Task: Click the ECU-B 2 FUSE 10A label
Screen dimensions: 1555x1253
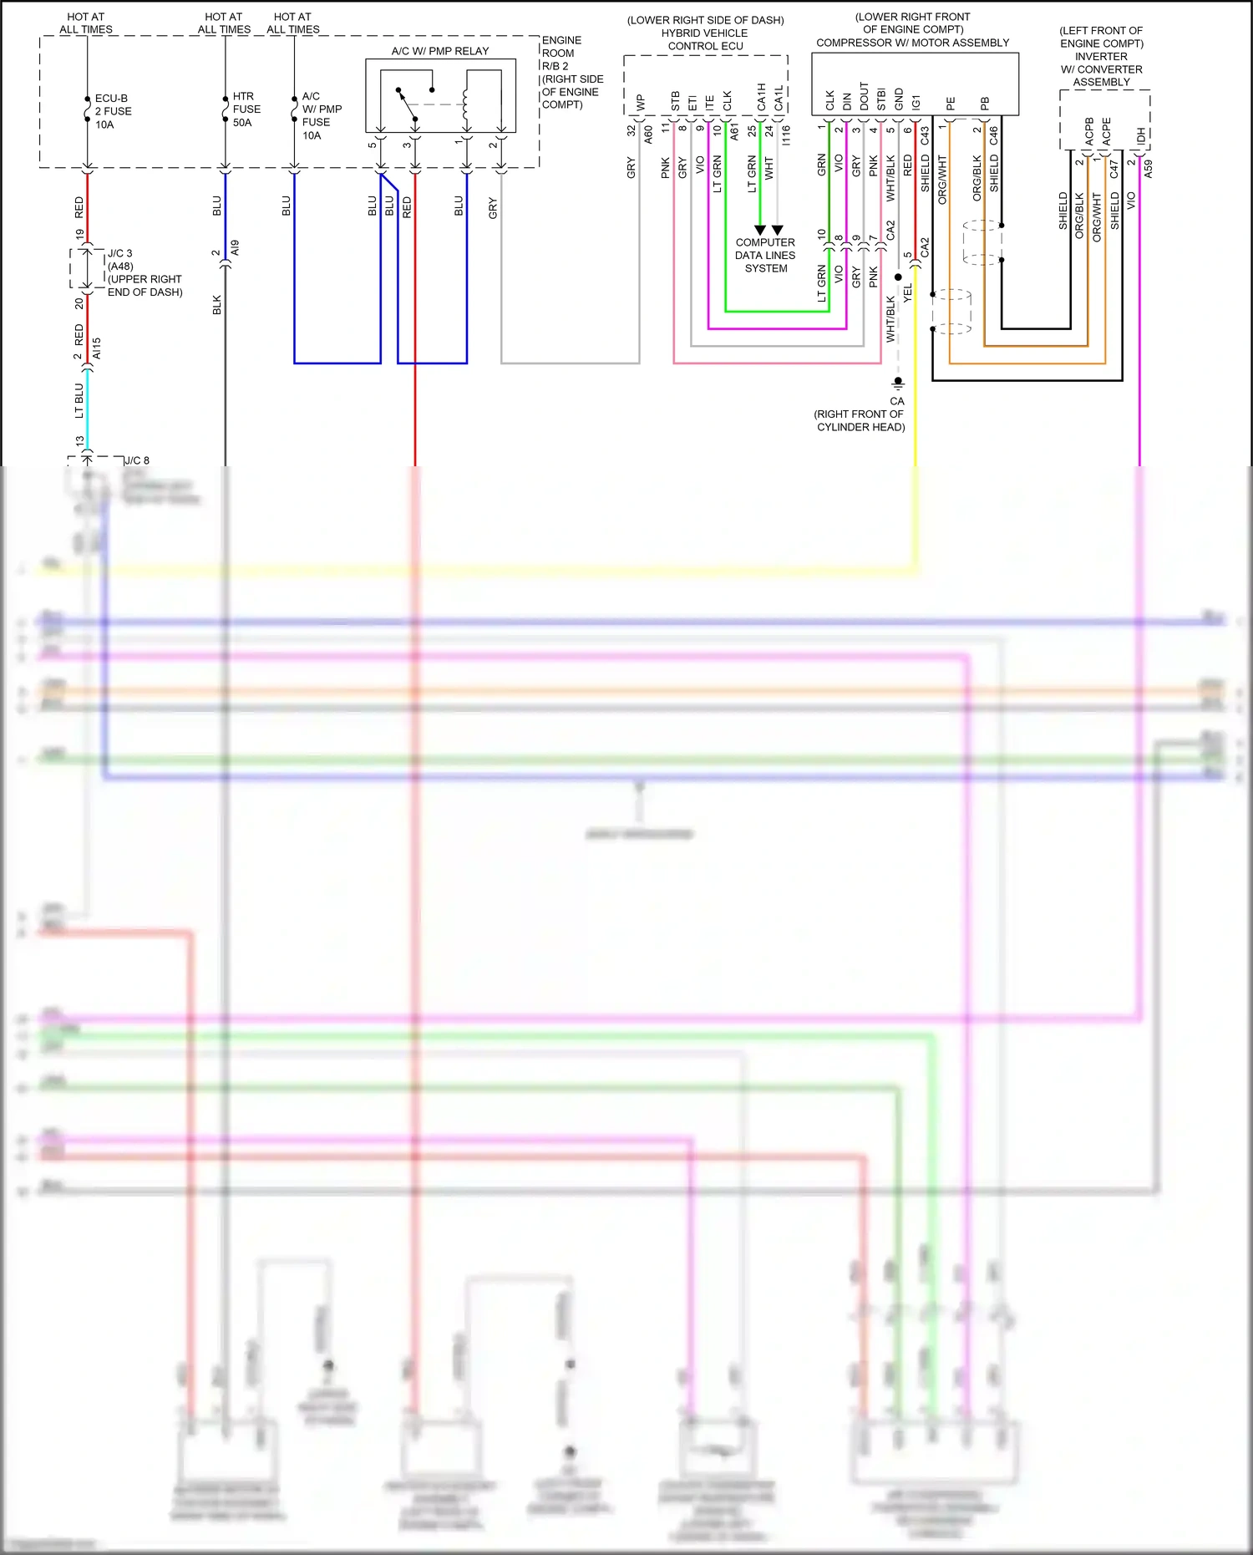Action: tap(113, 111)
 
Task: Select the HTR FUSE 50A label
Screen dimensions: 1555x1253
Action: tap(246, 109)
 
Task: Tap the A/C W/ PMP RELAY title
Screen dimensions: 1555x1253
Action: tap(440, 51)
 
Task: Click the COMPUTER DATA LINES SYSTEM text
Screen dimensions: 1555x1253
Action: tap(765, 255)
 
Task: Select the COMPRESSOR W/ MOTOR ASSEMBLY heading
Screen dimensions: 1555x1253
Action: tap(912, 43)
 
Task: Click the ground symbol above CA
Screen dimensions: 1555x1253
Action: tap(898, 382)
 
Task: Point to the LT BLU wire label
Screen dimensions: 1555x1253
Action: tap(79, 400)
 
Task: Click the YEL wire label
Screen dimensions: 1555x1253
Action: tap(908, 293)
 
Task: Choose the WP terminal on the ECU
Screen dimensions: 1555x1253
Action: tap(641, 103)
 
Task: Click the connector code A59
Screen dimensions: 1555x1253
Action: tap(1149, 169)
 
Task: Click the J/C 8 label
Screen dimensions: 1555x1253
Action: tap(137, 460)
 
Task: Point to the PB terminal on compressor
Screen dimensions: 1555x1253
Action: tap(985, 103)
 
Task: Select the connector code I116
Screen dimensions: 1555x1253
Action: tap(786, 135)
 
